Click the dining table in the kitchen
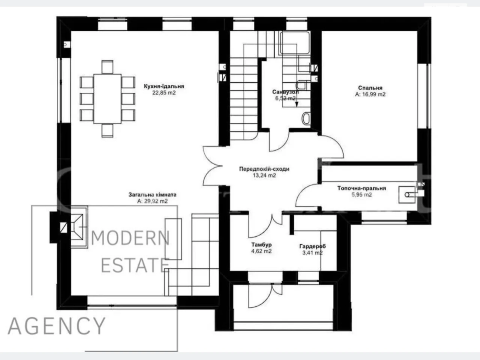tap(107, 99)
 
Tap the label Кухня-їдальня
tap(164, 86)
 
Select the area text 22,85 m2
tap(164, 93)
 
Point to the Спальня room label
tap(370, 88)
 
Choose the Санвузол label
tap(285, 92)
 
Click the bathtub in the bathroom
tap(294, 43)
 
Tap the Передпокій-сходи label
tap(264, 169)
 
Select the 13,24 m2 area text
tap(264, 175)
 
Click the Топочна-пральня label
tap(362, 188)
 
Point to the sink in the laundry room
tap(407, 195)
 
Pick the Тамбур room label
tap(261, 245)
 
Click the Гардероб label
tap(312, 246)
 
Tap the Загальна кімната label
tap(152, 195)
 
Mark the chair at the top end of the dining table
tap(107, 67)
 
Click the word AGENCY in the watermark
tap(57, 326)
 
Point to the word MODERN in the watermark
tap(130, 238)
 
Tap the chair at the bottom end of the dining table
tap(107, 130)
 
